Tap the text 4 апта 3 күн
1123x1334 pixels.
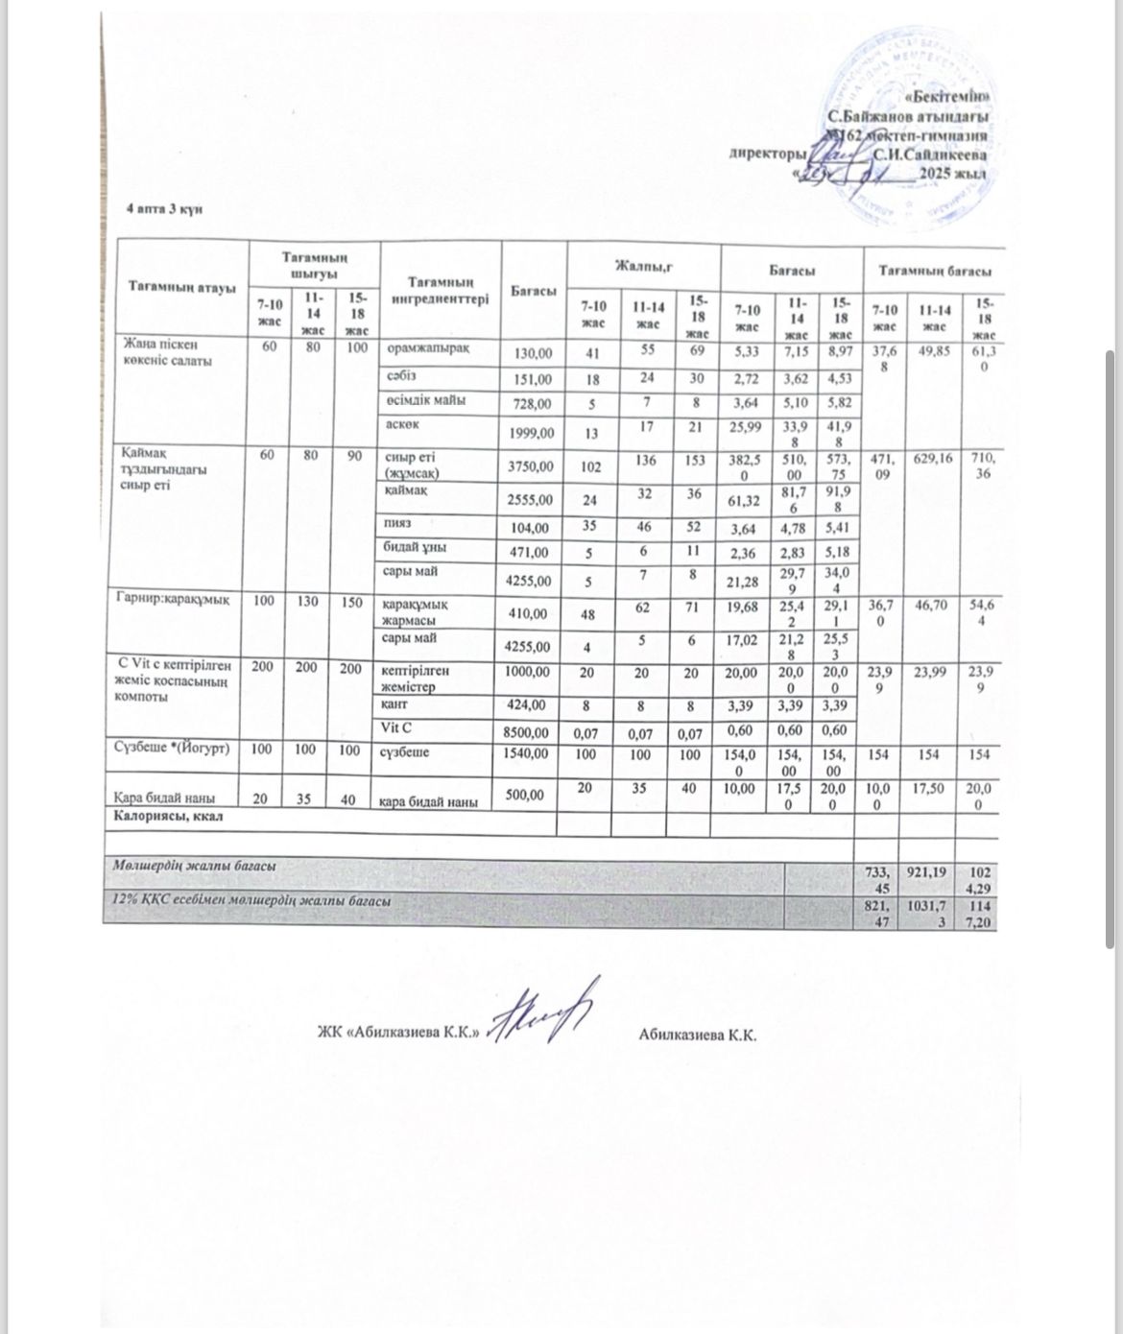tap(165, 210)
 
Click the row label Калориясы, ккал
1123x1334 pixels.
tap(169, 817)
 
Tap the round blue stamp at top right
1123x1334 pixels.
tap(907, 125)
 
